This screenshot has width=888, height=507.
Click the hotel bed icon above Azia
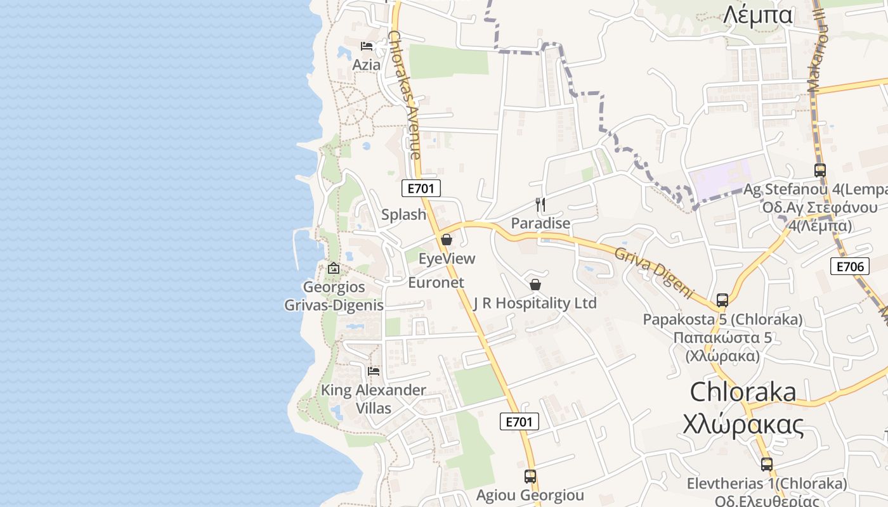367,46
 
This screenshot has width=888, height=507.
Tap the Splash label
403,214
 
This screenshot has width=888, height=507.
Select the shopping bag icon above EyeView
447,240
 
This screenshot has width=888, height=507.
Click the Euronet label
436,283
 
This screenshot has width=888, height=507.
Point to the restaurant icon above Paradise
540,204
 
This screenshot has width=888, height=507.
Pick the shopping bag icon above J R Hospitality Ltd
535,285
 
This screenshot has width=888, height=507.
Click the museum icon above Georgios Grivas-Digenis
334,268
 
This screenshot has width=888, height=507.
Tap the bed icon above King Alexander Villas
374,371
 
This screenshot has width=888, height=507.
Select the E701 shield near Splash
421,188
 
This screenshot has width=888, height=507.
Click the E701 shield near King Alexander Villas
519,421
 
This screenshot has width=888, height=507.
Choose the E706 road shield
849,266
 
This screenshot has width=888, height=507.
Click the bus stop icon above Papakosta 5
722,300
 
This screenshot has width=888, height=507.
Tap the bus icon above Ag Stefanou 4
820,170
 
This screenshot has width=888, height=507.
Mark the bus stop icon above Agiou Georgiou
530,476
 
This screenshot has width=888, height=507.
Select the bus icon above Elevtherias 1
767,465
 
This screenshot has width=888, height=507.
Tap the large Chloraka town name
743,392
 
